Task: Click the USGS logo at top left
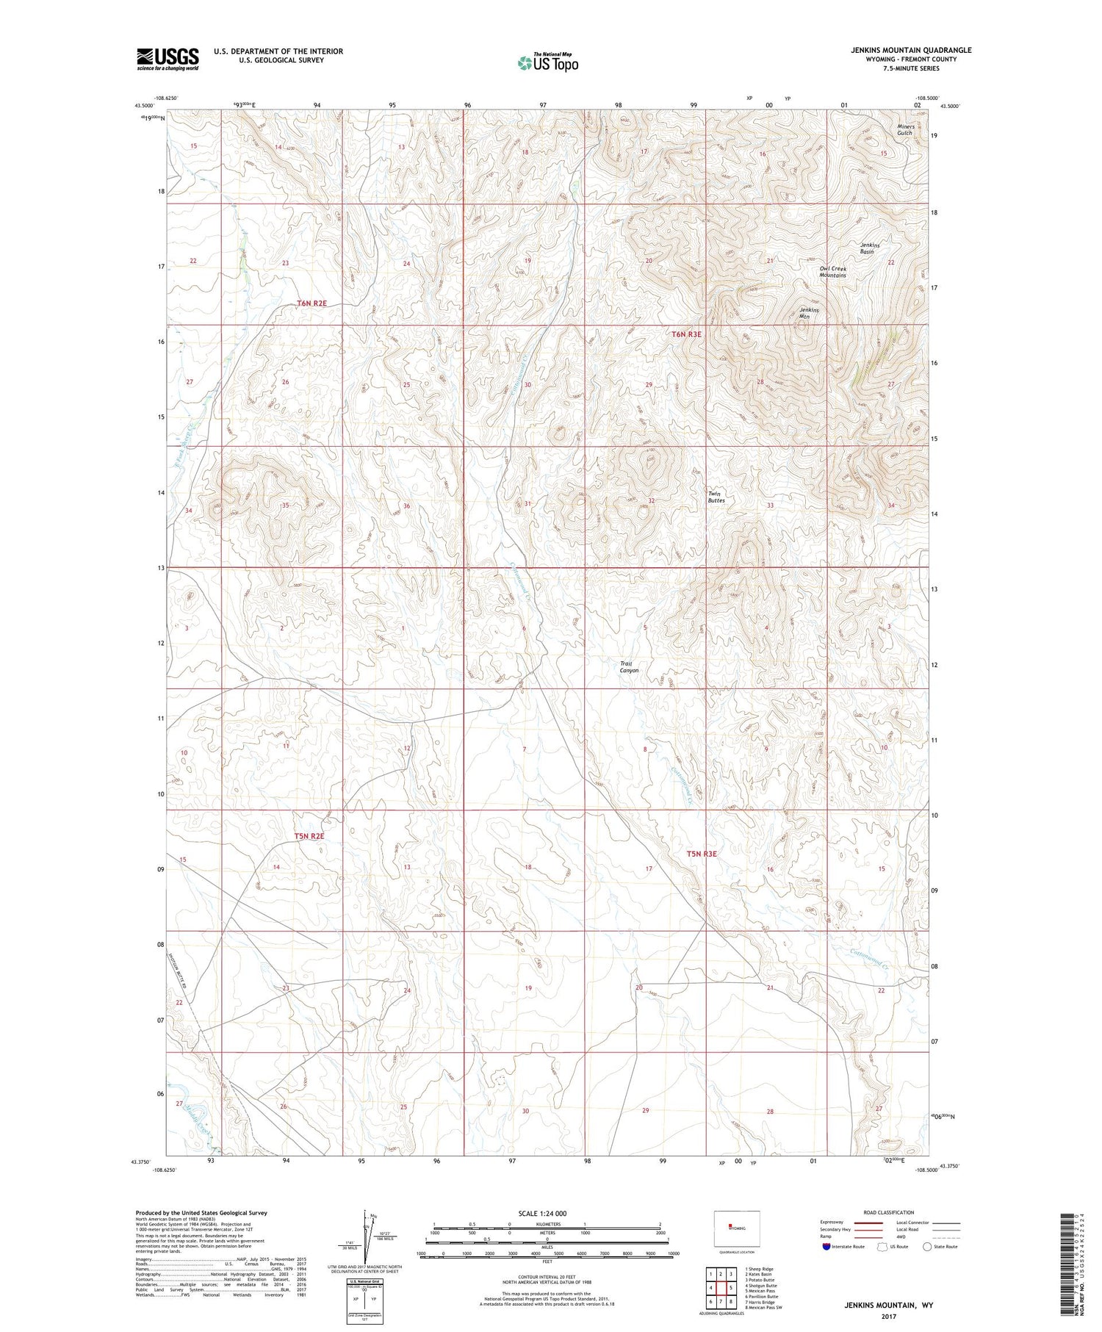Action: point(168,59)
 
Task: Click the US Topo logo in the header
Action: point(547,63)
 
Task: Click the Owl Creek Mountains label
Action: point(833,272)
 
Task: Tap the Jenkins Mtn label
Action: point(809,313)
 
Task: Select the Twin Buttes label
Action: point(716,497)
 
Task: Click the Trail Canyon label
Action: point(630,666)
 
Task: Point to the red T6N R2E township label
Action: point(311,303)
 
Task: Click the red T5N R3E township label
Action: point(701,854)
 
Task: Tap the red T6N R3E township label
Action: point(686,334)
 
